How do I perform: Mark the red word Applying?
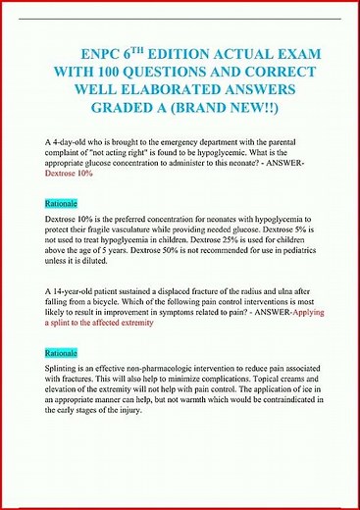(306, 313)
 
